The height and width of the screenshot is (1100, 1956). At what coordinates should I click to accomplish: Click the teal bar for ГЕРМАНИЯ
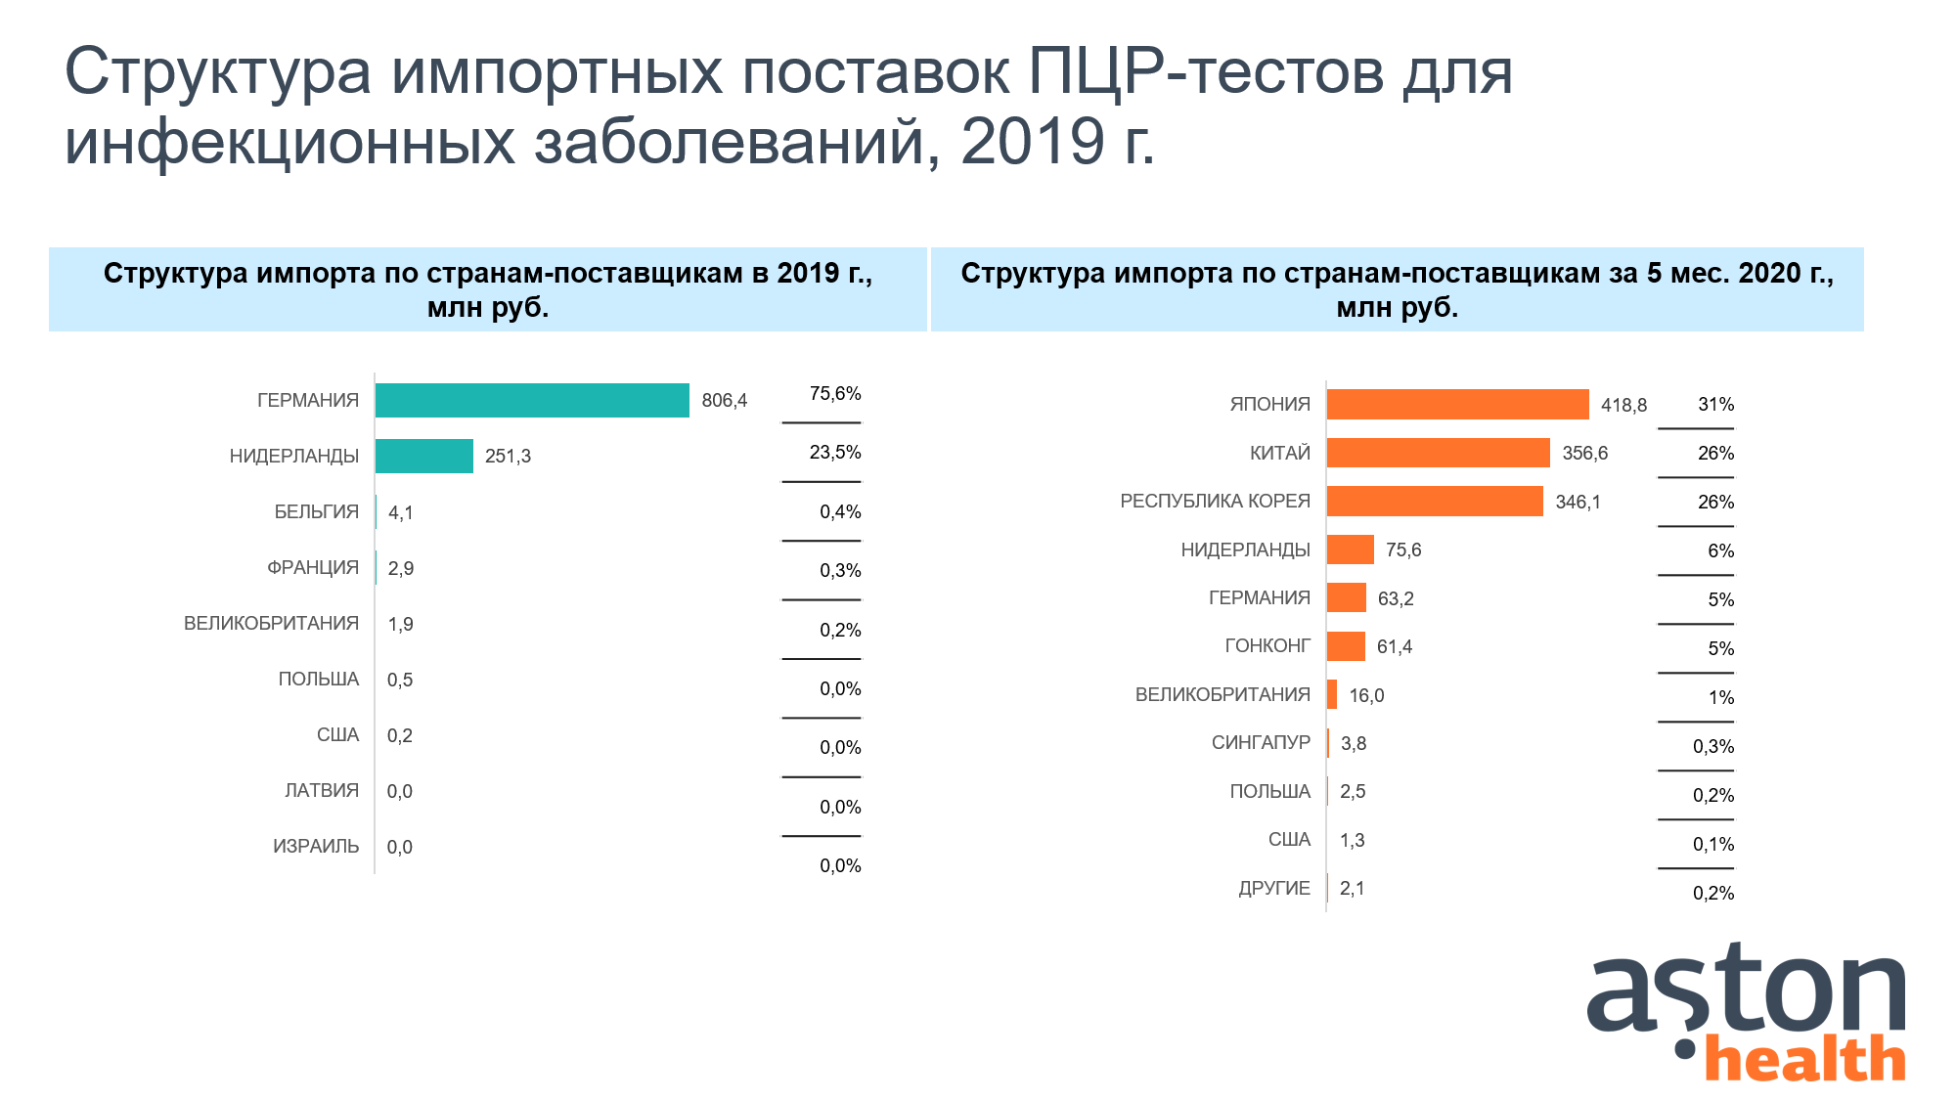(x=532, y=400)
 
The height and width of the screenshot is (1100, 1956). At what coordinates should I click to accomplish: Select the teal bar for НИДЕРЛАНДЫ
(x=424, y=456)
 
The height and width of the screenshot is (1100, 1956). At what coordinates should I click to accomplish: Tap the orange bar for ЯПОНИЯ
(x=1457, y=404)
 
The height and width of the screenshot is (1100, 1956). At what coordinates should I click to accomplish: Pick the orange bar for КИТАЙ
(x=1438, y=453)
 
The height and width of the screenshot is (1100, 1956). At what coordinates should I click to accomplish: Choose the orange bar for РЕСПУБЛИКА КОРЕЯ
(x=1435, y=502)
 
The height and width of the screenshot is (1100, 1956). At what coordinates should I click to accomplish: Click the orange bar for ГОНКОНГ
(x=1346, y=646)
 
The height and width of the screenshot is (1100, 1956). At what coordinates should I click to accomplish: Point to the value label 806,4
(x=724, y=400)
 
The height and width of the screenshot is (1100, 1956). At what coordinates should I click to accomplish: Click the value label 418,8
(x=1623, y=405)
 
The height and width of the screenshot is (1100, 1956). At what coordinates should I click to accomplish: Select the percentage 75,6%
(x=835, y=393)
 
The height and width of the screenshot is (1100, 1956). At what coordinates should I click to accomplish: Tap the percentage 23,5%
(x=835, y=452)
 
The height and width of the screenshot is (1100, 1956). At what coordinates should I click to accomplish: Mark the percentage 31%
(x=1715, y=404)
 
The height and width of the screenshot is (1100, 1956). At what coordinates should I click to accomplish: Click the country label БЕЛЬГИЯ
(x=316, y=511)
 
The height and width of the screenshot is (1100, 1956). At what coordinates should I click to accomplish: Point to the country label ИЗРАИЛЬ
(x=315, y=846)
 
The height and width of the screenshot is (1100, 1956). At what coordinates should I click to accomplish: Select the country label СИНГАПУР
(x=1261, y=742)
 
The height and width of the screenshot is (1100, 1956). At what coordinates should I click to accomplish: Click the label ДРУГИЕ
(x=1273, y=888)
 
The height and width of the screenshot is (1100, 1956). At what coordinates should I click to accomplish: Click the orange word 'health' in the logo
(x=1805, y=1060)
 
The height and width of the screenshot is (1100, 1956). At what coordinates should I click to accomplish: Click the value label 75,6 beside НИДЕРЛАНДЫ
(x=1402, y=550)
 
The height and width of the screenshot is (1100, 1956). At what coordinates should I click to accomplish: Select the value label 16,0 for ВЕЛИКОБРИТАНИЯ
(x=1366, y=695)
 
